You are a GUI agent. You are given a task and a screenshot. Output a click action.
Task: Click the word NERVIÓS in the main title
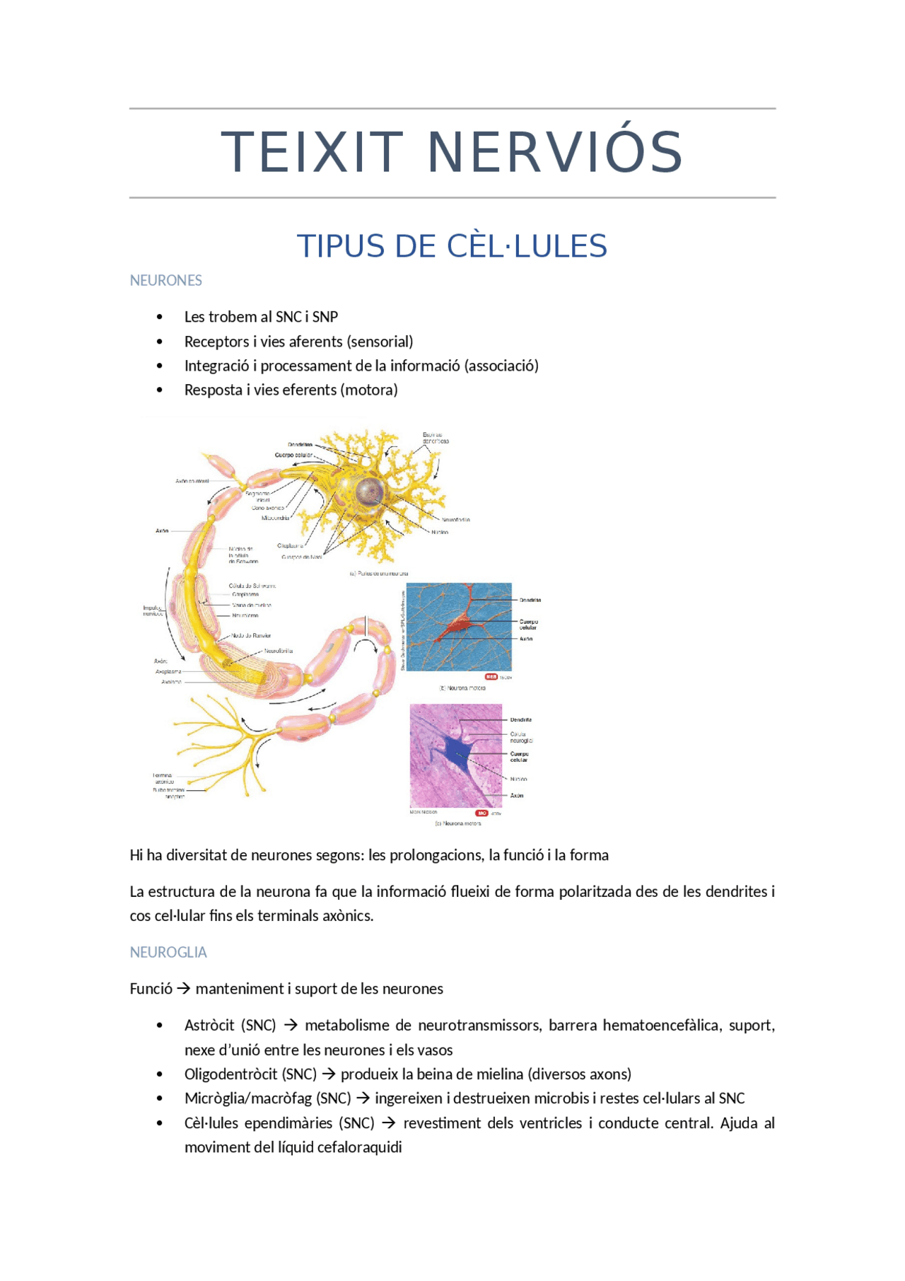pos(555,152)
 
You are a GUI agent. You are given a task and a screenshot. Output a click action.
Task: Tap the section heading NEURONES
pos(165,281)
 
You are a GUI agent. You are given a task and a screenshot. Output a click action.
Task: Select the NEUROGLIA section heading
pos(168,952)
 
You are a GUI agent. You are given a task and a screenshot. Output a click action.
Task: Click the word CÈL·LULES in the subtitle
pos(527,246)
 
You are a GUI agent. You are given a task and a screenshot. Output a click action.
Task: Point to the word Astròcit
pos(209,1025)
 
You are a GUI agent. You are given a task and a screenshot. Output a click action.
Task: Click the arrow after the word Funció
pos(184,989)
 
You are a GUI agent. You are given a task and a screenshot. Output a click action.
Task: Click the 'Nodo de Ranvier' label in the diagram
pos(251,636)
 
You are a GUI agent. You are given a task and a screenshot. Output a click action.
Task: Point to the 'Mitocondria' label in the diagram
pos(275,518)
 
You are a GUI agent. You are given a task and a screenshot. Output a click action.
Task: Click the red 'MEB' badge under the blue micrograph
pos(491,677)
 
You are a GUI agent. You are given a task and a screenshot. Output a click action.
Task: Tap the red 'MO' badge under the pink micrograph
pos(482,813)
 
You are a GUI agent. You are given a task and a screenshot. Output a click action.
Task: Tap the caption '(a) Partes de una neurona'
pos(378,574)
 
